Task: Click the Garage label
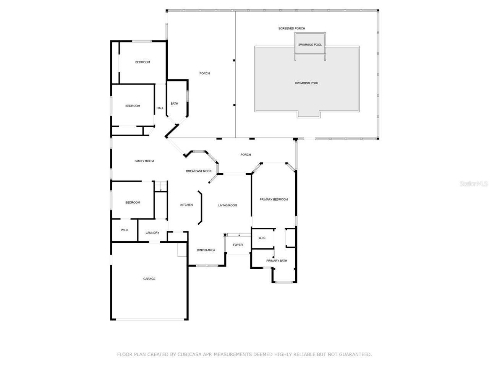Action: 149,279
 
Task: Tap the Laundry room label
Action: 152,233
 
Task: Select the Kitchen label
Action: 186,205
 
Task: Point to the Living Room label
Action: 228,206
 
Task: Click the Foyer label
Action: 238,245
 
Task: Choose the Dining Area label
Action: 206,250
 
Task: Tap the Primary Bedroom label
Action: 274,200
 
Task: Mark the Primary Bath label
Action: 277,261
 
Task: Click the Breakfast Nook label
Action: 199,171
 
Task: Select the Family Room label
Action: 144,161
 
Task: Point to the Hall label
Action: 160,108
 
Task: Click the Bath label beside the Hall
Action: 174,104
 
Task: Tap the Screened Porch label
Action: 291,29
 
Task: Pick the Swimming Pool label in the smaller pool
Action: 310,45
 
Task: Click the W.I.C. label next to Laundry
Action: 125,230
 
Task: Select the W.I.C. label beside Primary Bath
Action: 262,238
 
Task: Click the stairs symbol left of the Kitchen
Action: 161,186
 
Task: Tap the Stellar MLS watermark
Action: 474,184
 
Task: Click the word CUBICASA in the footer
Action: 189,355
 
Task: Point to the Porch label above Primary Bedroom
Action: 246,155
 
